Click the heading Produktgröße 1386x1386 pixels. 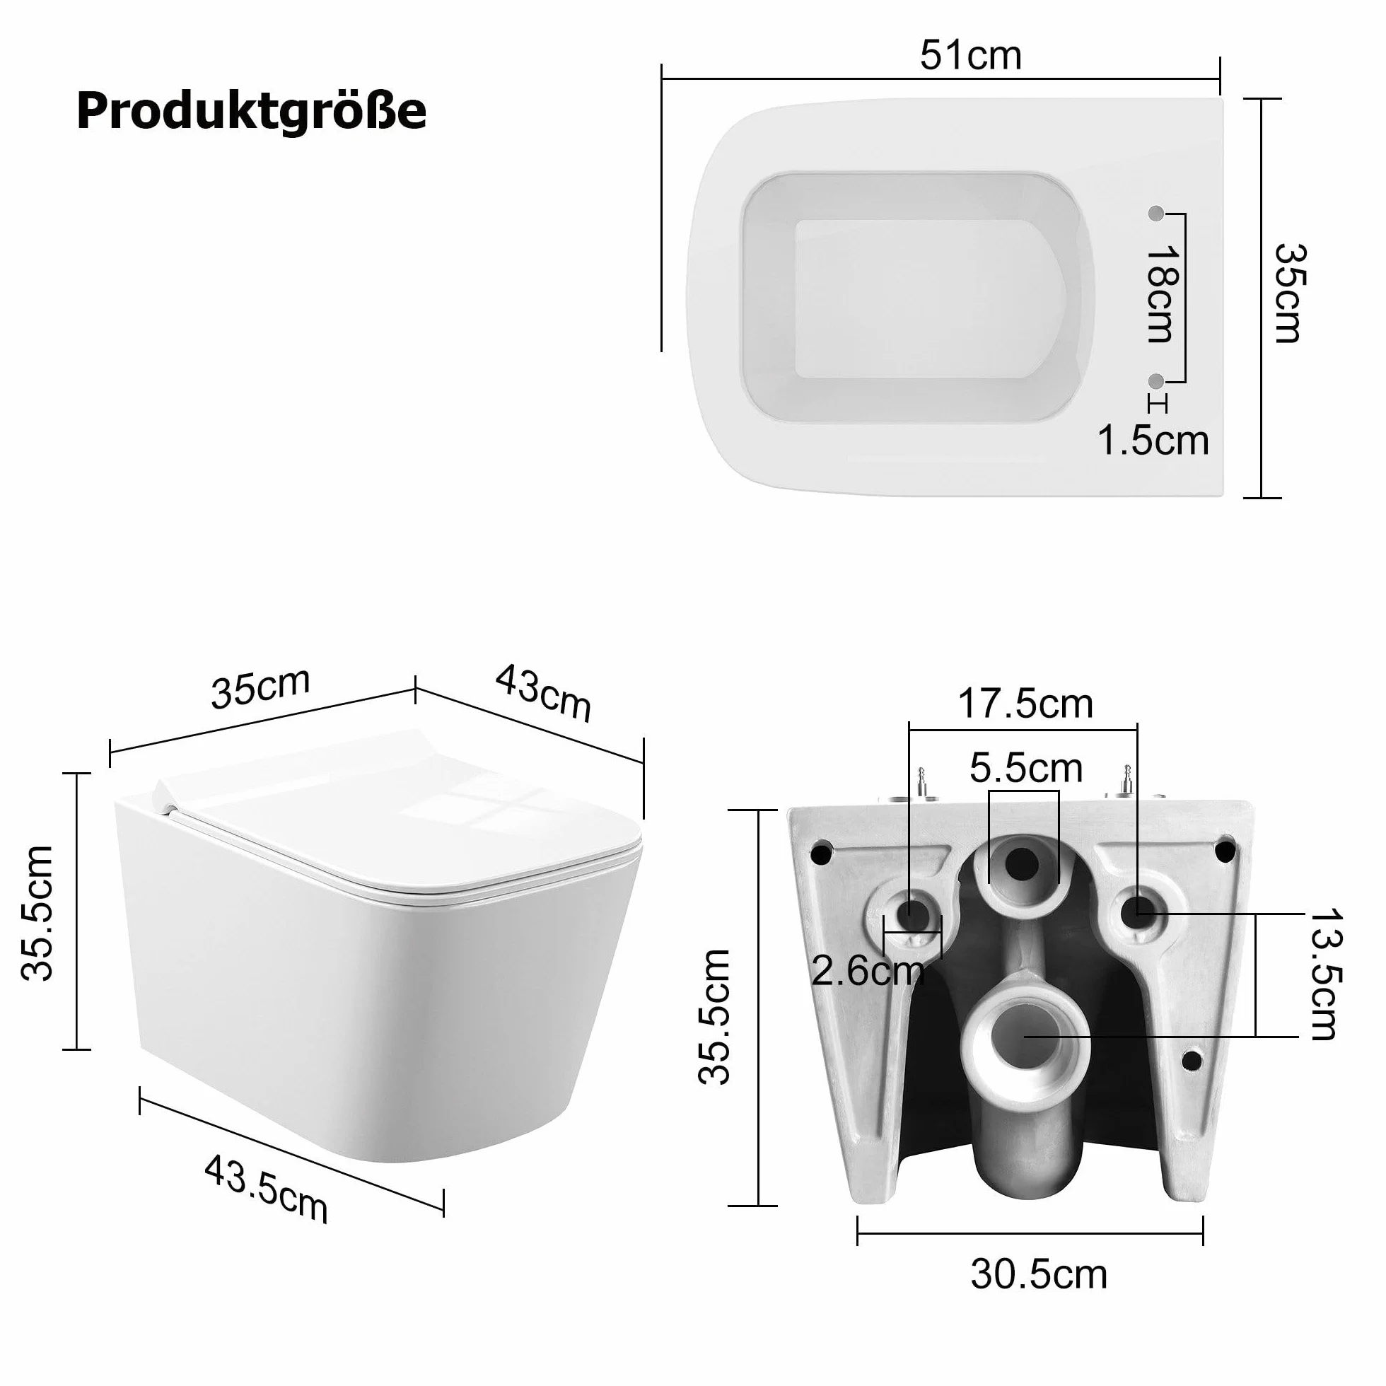pyautogui.click(x=251, y=112)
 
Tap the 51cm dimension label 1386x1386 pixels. pyautogui.click(x=971, y=56)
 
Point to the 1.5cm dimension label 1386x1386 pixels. pyautogui.click(x=1153, y=440)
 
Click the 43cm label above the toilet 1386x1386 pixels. pyautogui.click(x=543, y=692)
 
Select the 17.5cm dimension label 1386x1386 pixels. pyautogui.click(x=1026, y=704)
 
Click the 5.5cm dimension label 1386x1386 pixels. pyautogui.click(x=1026, y=769)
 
